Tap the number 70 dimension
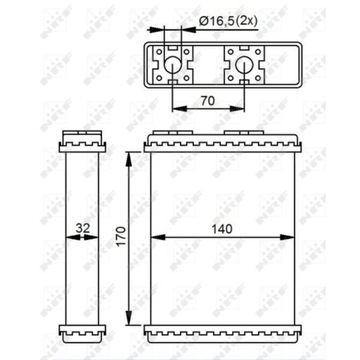point(208,100)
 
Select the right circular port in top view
point(243,66)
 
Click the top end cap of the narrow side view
point(81,139)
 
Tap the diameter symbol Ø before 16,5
point(203,19)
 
